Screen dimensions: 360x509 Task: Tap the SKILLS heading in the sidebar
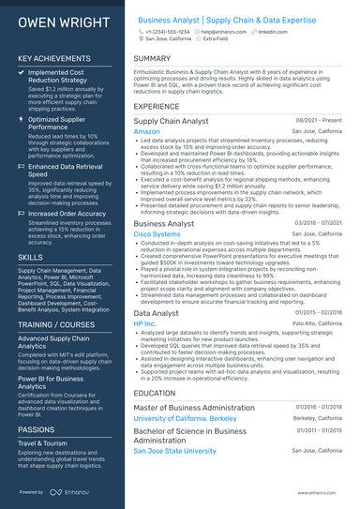coord(30,256)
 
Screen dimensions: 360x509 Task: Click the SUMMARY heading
coord(152,58)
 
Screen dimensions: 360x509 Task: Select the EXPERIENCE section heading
coord(157,107)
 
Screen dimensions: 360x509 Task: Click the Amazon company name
coord(147,132)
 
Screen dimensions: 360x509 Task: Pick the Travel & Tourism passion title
coord(45,442)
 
